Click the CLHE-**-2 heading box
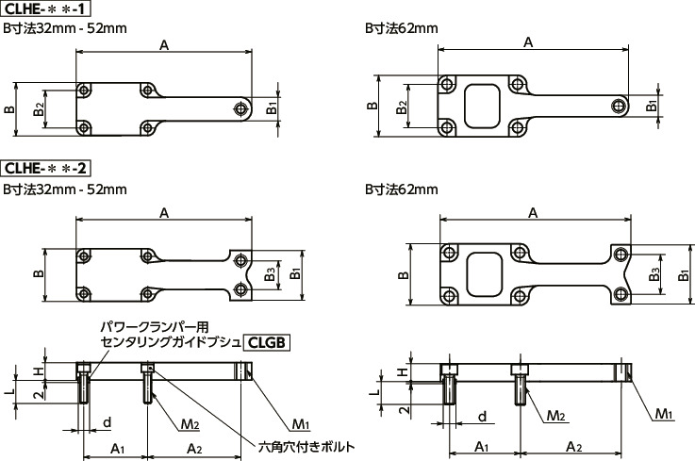(x=46, y=169)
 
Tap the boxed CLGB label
(x=266, y=342)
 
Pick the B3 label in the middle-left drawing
(x=270, y=274)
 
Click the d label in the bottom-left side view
(x=107, y=420)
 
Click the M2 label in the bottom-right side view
(x=556, y=415)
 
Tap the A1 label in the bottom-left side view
(x=117, y=447)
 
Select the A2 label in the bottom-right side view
(x=571, y=445)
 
